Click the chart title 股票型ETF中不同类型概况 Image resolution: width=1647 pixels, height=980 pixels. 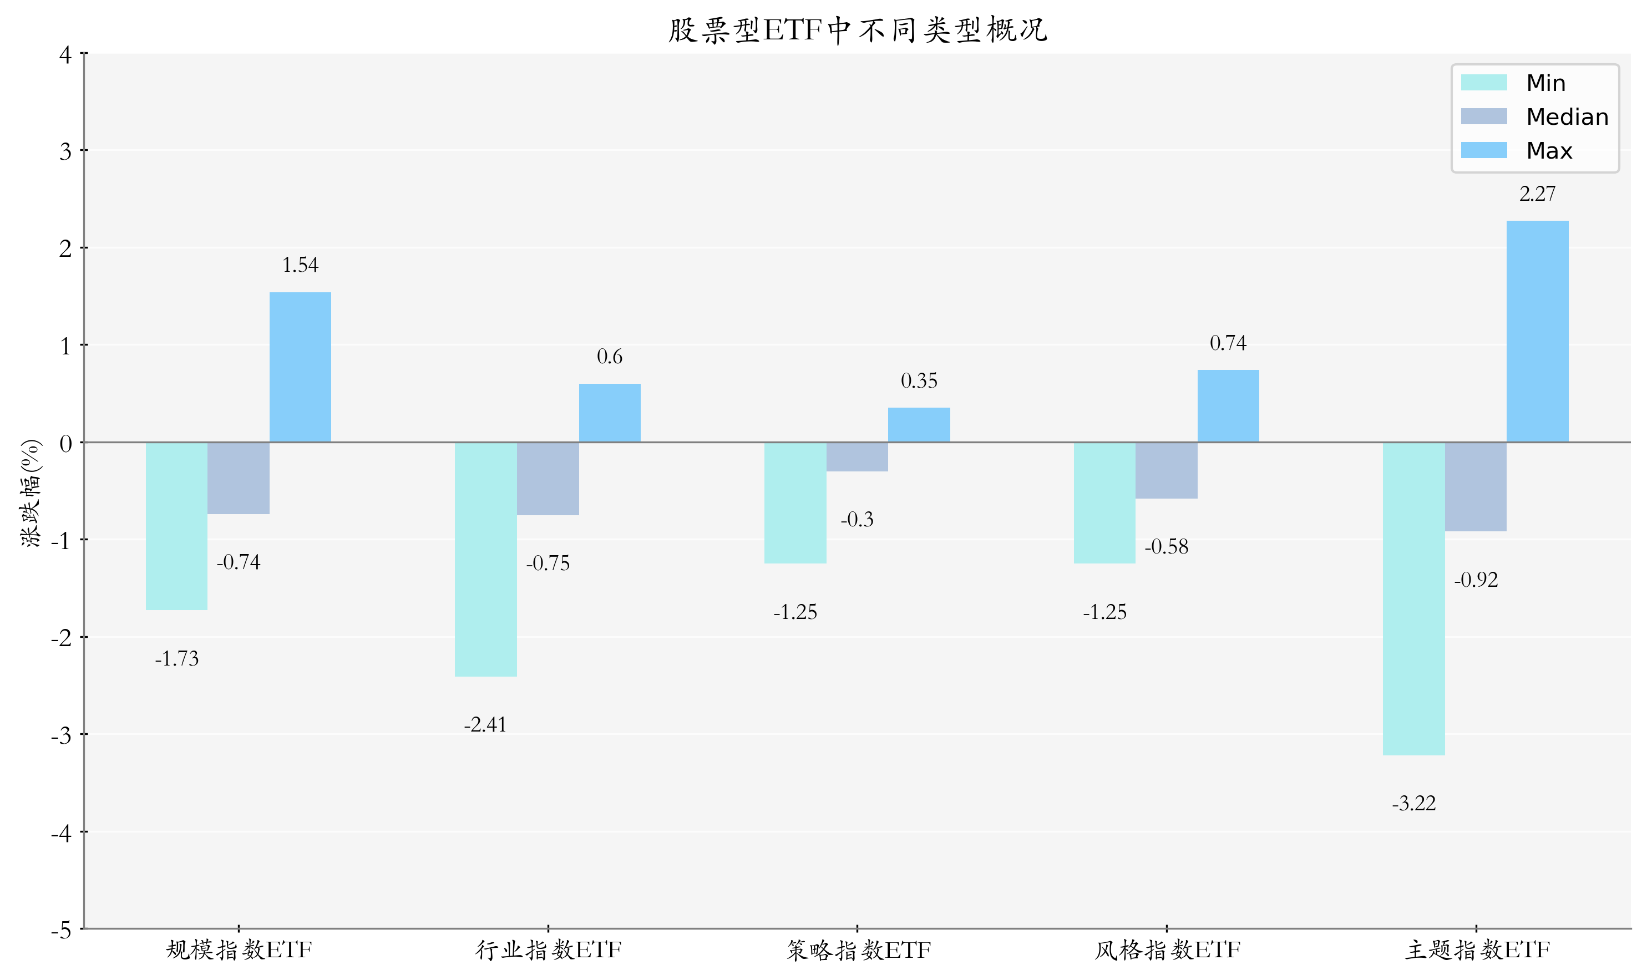(x=857, y=31)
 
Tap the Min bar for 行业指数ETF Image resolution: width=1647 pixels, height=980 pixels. (x=485, y=558)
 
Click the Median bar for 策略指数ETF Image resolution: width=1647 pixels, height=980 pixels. (x=857, y=456)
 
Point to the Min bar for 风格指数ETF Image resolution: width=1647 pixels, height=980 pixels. (x=1104, y=502)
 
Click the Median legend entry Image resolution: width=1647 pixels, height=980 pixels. (x=1567, y=117)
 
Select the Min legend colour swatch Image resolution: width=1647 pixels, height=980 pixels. (x=1483, y=83)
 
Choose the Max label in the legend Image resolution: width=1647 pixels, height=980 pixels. (x=1549, y=150)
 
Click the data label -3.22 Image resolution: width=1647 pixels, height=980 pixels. (x=1413, y=804)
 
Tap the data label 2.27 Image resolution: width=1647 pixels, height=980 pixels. (x=1537, y=194)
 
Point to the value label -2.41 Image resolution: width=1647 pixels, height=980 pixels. (x=485, y=725)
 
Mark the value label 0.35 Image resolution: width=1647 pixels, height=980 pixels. (x=919, y=381)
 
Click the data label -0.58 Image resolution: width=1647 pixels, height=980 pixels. (x=1165, y=547)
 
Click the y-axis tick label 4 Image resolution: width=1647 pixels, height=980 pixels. (x=65, y=55)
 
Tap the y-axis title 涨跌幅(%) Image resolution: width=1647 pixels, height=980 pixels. (x=31, y=492)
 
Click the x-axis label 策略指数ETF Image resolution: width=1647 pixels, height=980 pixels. (x=858, y=950)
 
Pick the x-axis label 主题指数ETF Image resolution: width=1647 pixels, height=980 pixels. (x=1476, y=950)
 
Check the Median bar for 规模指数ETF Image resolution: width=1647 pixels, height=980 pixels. (x=239, y=478)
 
